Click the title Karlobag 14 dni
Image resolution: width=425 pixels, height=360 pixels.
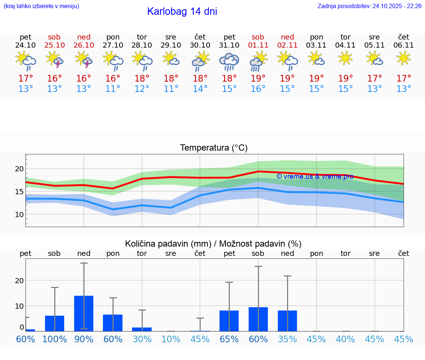(182, 11)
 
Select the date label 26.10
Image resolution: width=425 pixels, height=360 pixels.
(84, 45)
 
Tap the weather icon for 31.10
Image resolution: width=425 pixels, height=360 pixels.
(229, 62)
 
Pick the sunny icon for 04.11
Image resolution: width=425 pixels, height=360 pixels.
(345, 58)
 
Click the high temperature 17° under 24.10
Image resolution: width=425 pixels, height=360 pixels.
(25, 79)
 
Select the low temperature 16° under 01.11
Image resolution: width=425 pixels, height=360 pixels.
(258, 89)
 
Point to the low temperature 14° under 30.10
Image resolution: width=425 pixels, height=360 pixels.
(200, 89)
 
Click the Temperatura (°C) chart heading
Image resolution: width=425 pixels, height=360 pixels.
(214, 148)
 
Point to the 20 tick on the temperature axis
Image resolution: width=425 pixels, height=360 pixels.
(19, 169)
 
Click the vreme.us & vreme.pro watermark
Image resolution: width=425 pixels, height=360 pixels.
(315, 176)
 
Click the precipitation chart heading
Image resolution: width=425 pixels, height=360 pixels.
(213, 244)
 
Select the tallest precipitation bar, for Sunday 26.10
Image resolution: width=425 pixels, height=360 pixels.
(84, 313)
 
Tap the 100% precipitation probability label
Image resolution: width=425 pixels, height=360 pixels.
(55, 339)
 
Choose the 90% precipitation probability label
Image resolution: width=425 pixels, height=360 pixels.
(84, 339)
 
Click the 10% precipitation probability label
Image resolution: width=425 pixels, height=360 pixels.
(171, 339)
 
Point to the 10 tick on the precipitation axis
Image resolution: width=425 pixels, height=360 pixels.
(19, 306)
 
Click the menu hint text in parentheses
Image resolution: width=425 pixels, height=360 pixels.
(41, 6)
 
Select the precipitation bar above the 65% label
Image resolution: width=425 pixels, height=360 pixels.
(229, 320)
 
